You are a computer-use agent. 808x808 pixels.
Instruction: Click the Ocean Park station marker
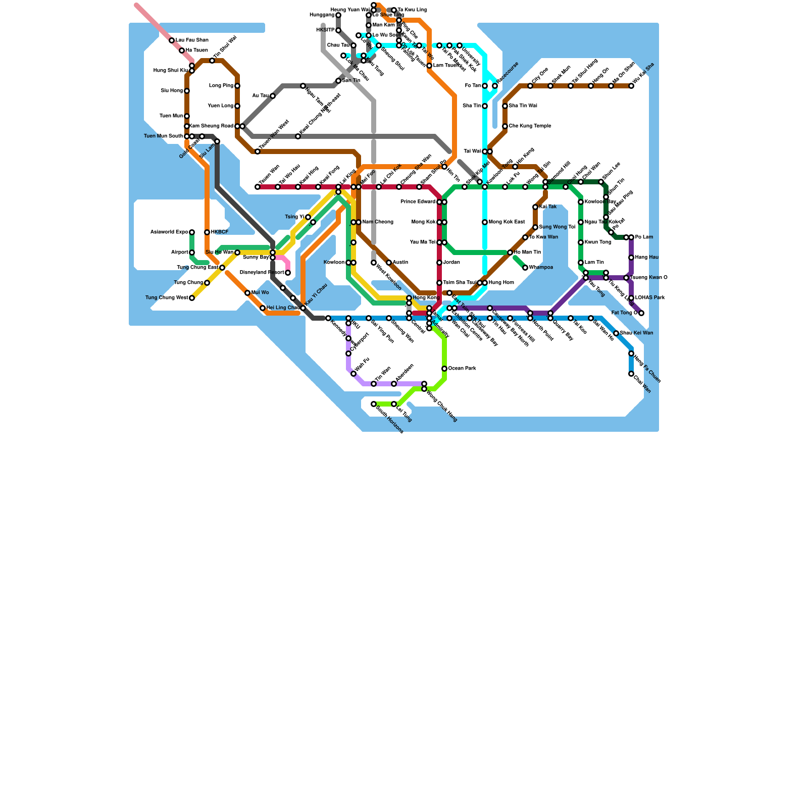[444, 369]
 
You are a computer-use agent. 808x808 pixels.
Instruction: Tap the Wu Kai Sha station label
[644, 74]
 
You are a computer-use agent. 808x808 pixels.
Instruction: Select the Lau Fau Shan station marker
[172, 40]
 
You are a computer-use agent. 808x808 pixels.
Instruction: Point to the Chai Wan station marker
[631, 374]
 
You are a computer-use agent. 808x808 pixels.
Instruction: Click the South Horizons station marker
[374, 404]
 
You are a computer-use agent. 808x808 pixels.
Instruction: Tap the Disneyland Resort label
[262, 273]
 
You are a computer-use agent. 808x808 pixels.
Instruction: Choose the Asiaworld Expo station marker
[192, 232]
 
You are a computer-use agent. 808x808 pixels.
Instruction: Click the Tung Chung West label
[166, 298]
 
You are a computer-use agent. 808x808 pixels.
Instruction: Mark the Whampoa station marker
[525, 268]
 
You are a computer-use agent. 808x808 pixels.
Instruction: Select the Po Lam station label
[644, 237]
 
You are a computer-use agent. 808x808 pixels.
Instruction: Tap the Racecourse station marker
[495, 86]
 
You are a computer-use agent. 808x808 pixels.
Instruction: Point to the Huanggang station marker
[338, 15]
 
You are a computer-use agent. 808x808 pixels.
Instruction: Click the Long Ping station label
[221, 86]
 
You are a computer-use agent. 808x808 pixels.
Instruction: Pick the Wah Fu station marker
[353, 374]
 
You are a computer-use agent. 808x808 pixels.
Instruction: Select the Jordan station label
[451, 263]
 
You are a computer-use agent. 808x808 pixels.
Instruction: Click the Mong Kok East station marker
[485, 222]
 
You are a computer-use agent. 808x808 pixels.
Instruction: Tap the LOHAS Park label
[650, 298]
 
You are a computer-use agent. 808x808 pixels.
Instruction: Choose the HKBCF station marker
[207, 232]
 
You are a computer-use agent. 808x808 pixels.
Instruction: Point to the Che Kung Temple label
[530, 126]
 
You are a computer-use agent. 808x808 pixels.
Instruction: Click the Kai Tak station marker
[535, 207]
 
